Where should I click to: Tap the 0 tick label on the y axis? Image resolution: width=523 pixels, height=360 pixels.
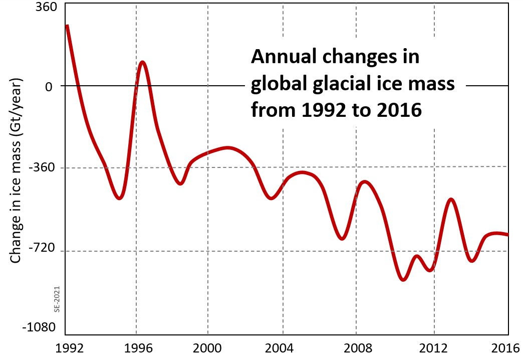point(48,86)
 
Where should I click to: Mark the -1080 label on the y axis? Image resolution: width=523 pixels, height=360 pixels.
point(37,328)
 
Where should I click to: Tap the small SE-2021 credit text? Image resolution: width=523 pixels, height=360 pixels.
point(57,299)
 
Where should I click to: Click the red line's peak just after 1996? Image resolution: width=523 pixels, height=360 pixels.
point(143,62)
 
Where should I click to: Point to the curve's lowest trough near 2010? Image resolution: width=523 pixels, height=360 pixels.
point(404,280)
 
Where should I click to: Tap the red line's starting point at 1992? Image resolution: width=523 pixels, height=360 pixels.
point(67,26)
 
